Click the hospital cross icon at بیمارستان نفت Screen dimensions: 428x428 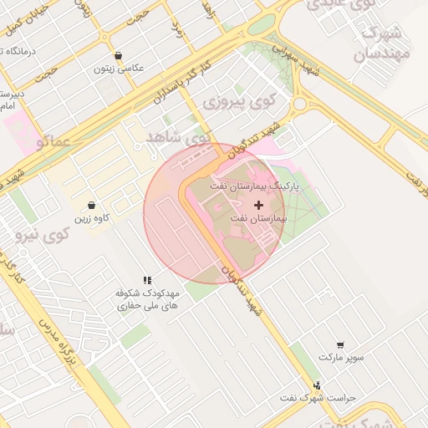258,204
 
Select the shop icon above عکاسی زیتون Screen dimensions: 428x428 119,56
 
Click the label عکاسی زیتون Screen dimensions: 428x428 121,69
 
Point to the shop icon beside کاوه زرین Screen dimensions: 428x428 91,205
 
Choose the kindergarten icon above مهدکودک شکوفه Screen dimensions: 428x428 147,281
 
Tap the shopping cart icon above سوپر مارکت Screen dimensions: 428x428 340,344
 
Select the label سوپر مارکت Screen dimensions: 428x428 342,357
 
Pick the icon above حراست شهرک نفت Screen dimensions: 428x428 317,385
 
